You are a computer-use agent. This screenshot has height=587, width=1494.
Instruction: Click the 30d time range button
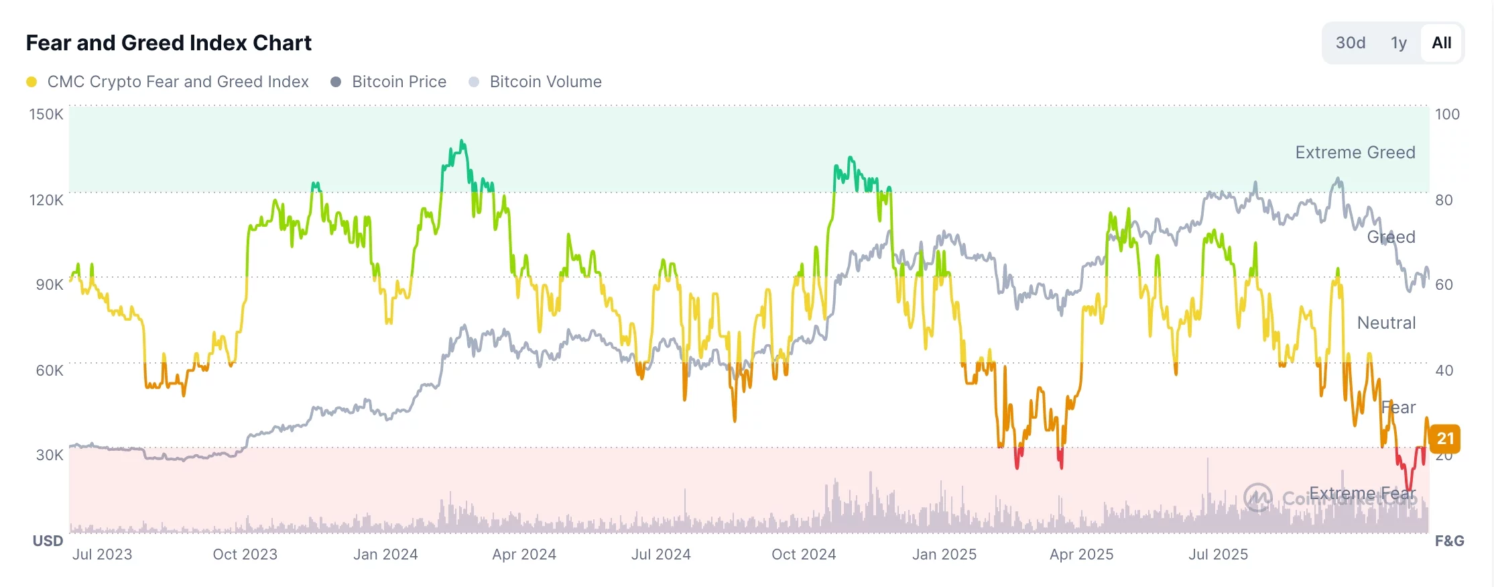(x=1350, y=43)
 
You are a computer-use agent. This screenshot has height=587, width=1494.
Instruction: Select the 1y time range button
(x=1398, y=43)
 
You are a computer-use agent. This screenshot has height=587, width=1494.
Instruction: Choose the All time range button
(x=1441, y=43)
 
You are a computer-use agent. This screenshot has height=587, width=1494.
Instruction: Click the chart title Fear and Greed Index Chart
(x=168, y=43)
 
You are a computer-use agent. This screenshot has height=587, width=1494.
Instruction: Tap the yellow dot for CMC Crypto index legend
(x=32, y=82)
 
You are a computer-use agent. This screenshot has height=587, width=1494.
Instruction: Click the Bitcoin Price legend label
(x=399, y=82)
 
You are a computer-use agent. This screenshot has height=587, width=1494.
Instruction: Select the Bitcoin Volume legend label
(x=546, y=82)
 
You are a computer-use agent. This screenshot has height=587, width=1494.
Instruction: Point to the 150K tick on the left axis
(x=46, y=114)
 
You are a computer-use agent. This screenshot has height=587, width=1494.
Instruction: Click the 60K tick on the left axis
(x=50, y=370)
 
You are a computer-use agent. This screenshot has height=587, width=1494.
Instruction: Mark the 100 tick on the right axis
(x=1447, y=114)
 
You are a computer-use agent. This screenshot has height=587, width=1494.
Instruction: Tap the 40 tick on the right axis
(x=1444, y=370)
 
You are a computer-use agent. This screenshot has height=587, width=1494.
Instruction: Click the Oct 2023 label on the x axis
(x=245, y=555)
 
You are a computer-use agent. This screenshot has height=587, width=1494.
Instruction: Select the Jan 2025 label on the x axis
(x=944, y=555)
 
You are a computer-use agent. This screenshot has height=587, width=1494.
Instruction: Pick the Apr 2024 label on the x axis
(x=524, y=555)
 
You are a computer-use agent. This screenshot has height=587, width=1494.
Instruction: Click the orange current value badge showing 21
(x=1445, y=439)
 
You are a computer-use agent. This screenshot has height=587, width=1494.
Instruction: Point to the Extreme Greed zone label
(x=1355, y=153)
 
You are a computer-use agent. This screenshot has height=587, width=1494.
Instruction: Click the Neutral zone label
(x=1386, y=323)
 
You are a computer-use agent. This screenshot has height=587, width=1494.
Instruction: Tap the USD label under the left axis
(x=48, y=541)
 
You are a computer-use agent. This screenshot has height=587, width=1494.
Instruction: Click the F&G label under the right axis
(x=1449, y=541)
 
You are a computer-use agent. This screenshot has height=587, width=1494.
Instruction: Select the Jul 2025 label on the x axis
(x=1218, y=555)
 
